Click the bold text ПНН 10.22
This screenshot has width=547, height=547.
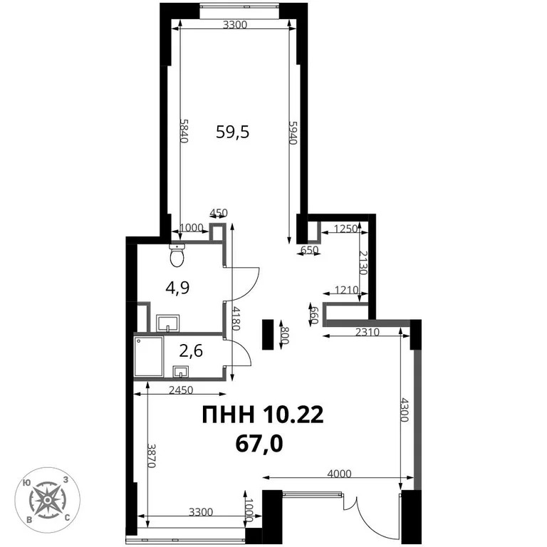(262, 415)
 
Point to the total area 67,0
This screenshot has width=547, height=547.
(259, 444)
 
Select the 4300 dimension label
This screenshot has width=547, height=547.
(405, 410)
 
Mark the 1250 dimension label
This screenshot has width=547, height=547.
(345, 229)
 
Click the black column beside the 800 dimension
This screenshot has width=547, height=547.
(268, 334)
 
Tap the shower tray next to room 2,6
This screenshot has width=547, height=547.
(148, 357)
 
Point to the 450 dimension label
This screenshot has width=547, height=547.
(217, 212)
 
